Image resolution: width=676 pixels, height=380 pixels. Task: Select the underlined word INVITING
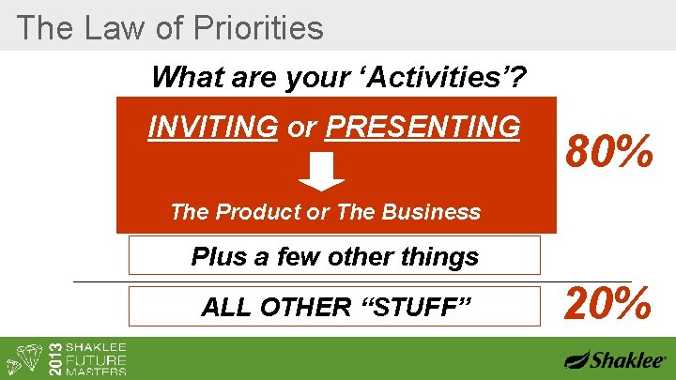pyautogui.click(x=213, y=127)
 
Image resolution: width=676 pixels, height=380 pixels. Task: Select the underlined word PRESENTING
pyautogui.click(x=422, y=127)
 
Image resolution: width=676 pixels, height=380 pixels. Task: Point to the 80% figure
pyautogui.click(x=608, y=152)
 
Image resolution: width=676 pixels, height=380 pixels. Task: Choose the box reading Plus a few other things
pyautogui.click(x=334, y=255)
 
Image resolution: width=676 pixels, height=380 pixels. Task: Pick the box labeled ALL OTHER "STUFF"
pyautogui.click(x=334, y=307)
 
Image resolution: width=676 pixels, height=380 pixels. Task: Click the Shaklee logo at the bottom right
pyautogui.click(x=615, y=359)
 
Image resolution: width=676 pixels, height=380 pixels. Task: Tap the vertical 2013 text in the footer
pyautogui.click(x=54, y=357)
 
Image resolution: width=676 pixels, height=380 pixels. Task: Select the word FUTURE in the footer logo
pyautogui.click(x=97, y=357)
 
